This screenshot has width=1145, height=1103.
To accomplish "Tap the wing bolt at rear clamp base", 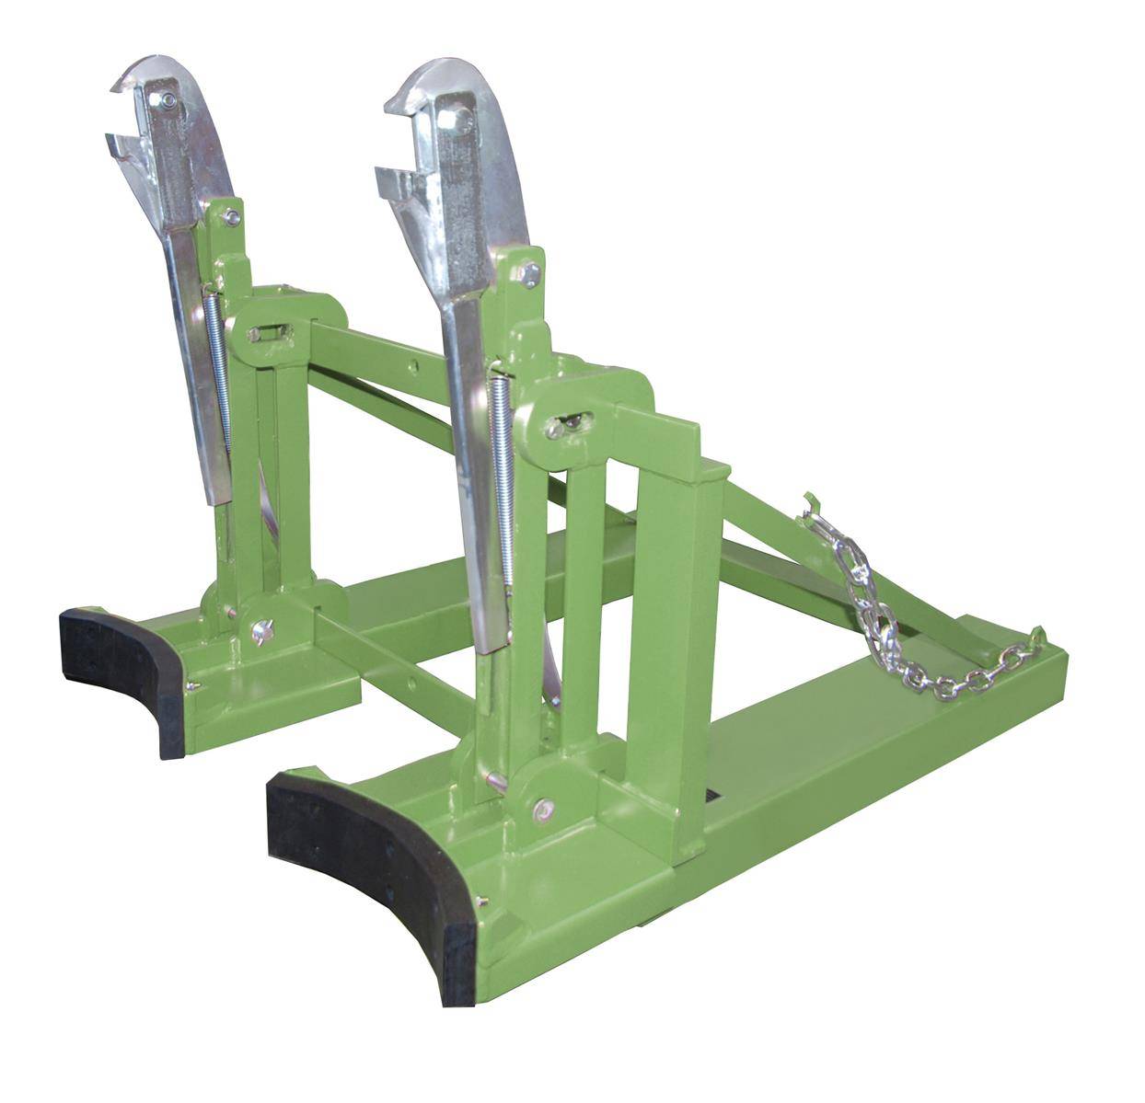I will pos(260,631).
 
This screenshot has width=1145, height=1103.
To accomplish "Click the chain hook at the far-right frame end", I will pos(1037,637).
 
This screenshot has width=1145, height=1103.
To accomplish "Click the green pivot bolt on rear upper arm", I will pos(232,217).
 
